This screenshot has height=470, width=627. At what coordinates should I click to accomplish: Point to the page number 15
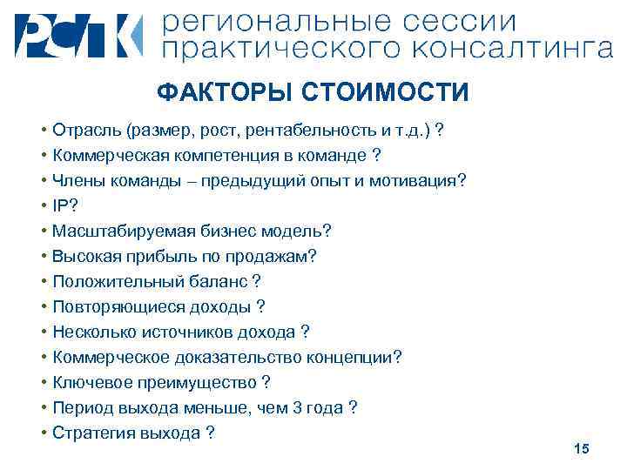coord(582,448)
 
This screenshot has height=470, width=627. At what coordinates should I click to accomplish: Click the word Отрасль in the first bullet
coord(86,131)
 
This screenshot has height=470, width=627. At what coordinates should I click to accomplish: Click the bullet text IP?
coord(64,206)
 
